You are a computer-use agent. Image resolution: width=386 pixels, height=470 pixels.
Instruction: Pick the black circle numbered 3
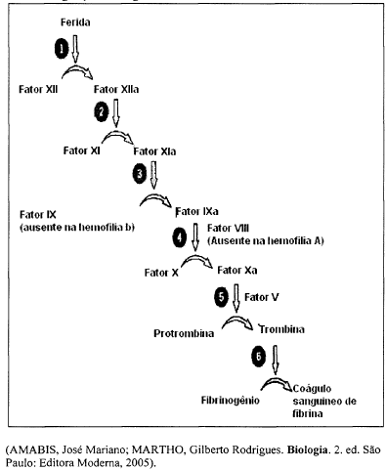pos(139,172)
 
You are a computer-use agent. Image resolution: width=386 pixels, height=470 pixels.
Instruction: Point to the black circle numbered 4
pos(178,235)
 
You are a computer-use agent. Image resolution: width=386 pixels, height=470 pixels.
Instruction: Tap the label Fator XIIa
pos(117,89)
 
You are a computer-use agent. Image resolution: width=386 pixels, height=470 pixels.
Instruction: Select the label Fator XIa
pos(154,150)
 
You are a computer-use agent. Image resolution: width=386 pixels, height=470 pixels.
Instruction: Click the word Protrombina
pos(187,332)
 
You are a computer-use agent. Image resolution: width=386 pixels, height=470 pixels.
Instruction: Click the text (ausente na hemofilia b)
pos(75,227)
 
